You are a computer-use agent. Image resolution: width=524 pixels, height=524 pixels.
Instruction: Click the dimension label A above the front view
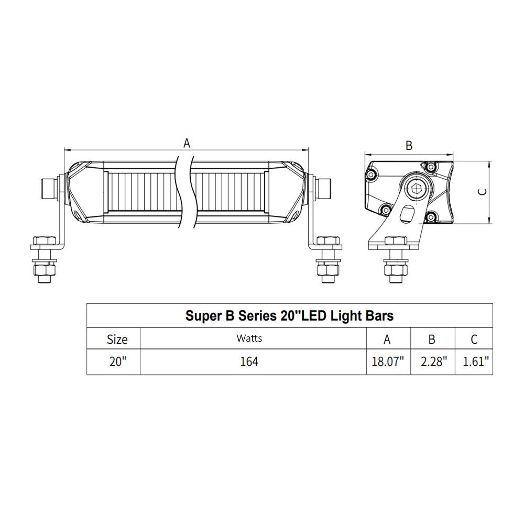point(187,143)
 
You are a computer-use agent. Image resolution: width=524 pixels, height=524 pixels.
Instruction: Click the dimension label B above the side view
point(409,146)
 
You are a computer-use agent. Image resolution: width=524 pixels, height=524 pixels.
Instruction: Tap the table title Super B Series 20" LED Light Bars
point(289,315)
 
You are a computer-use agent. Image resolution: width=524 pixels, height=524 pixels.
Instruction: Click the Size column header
point(117,339)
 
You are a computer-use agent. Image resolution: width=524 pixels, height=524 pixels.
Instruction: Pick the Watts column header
point(249,338)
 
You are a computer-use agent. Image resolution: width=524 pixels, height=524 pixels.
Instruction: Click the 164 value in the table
point(249,362)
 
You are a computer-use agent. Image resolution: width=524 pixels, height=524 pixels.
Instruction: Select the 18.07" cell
point(388,362)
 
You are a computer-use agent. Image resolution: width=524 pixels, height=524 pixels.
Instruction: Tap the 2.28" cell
point(432,362)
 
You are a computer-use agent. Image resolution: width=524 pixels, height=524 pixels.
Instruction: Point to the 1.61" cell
point(474,362)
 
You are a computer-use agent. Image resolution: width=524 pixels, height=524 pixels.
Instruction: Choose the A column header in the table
point(387,339)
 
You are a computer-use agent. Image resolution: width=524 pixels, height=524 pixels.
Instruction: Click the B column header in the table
point(432,339)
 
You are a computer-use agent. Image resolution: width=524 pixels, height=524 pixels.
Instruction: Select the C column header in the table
point(474,339)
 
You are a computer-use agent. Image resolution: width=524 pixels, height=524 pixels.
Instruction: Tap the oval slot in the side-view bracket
point(406,215)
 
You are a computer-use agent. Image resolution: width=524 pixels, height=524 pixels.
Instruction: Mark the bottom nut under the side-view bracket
point(396,271)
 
